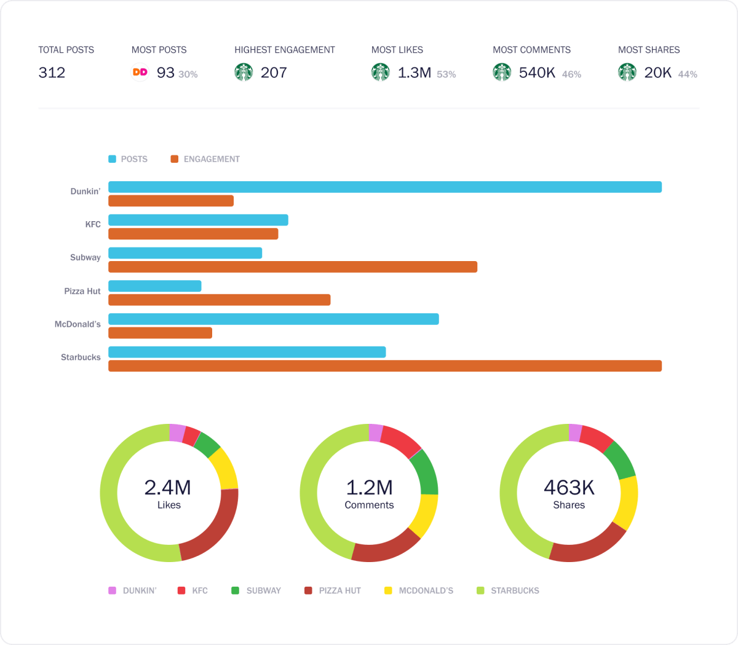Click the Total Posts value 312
pyautogui.click(x=52, y=72)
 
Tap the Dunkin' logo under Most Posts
pyautogui.click(x=140, y=72)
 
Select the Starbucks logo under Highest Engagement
pyautogui.click(x=244, y=72)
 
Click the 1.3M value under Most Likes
pyautogui.click(x=414, y=72)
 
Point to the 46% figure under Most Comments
pyautogui.click(x=571, y=74)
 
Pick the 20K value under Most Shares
pyautogui.click(x=657, y=72)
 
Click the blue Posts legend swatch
pyautogui.click(x=113, y=159)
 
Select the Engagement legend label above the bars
pyautogui.click(x=212, y=159)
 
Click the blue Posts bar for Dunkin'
pyautogui.click(x=385, y=187)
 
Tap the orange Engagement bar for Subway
pyautogui.click(x=293, y=267)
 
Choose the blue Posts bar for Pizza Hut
pyautogui.click(x=155, y=286)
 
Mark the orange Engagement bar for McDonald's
pyautogui.click(x=161, y=333)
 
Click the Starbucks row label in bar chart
pyautogui.click(x=81, y=357)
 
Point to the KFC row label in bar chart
pyautogui.click(x=93, y=224)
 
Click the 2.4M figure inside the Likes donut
pyautogui.click(x=168, y=487)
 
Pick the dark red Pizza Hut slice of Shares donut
pyautogui.click(x=588, y=546)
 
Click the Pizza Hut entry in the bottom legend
pyautogui.click(x=339, y=590)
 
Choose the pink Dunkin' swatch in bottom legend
pyautogui.click(x=113, y=590)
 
